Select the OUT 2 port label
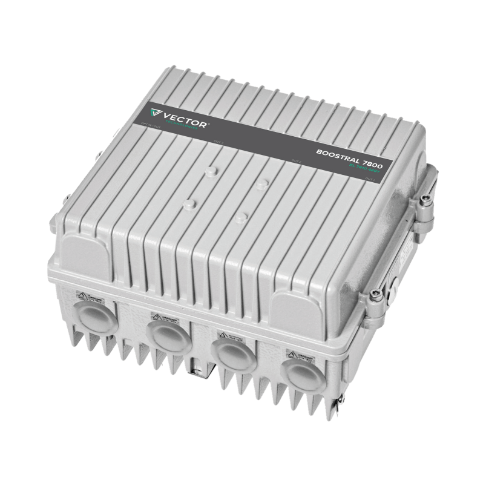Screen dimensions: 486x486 pos(296,161)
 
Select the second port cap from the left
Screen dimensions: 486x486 pos(169,337)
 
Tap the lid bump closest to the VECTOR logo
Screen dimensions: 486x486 pos(211,172)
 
